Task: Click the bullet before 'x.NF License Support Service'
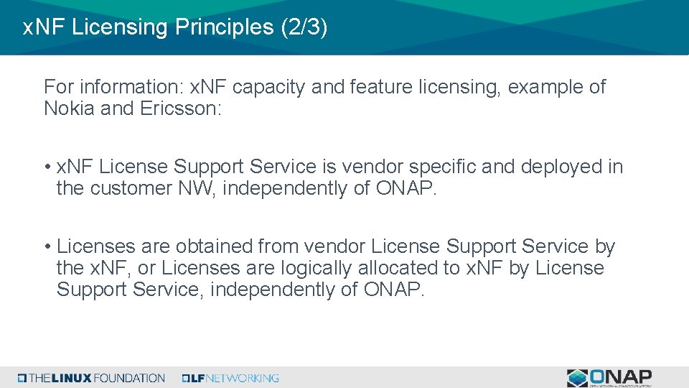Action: click(46, 167)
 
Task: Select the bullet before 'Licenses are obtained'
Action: click(46, 247)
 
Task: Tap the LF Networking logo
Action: click(230, 378)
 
